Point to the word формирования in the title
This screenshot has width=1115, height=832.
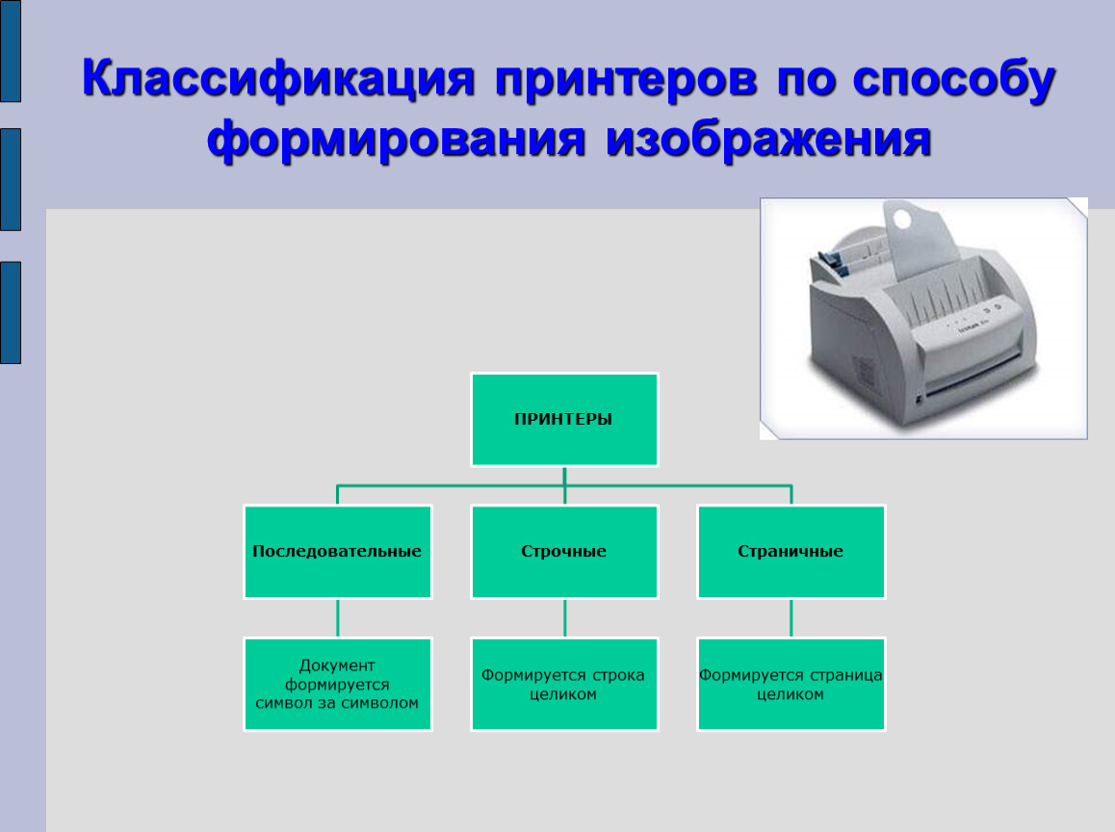(x=396, y=140)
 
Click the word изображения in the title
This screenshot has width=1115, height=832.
(x=768, y=140)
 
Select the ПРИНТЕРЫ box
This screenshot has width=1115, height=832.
(x=564, y=420)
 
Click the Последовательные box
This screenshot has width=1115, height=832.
(x=338, y=552)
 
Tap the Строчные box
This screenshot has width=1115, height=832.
(x=564, y=552)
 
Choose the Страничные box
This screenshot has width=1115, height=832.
(x=791, y=552)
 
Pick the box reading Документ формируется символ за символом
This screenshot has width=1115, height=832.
(x=338, y=684)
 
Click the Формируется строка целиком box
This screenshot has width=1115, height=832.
(x=564, y=684)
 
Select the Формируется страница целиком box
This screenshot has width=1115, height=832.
(x=791, y=684)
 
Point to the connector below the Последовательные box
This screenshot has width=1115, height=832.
(x=338, y=618)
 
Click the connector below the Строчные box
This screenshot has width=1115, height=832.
(x=564, y=618)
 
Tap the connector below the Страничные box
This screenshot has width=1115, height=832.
(x=791, y=618)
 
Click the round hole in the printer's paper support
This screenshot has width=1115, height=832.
(x=902, y=219)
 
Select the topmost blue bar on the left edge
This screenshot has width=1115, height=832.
(x=11, y=50)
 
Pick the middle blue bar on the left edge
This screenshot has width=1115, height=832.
(x=11, y=179)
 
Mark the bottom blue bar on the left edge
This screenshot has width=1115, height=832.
(x=11, y=312)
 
